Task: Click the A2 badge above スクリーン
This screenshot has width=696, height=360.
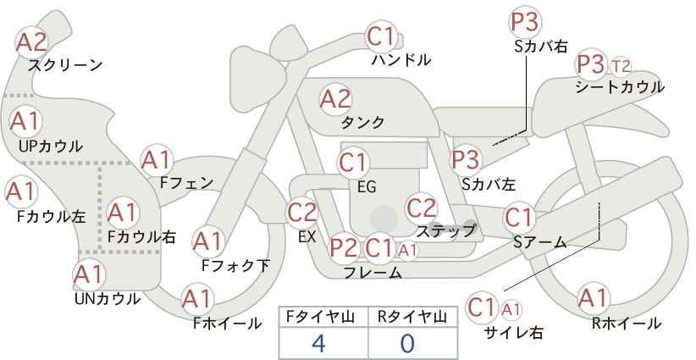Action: pos(32,43)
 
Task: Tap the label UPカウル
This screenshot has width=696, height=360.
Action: pos(51,146)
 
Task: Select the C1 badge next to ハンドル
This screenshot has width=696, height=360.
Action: pos(382,36)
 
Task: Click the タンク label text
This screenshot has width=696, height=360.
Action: pos(362,122)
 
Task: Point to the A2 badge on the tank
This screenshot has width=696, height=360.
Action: pos(335,99)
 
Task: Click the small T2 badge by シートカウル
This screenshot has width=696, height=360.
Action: pos(621,67)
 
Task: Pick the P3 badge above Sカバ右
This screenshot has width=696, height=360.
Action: pos(526,22)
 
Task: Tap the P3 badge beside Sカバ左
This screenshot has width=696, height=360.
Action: pos(466,160)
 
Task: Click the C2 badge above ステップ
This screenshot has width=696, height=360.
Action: pos(422,208)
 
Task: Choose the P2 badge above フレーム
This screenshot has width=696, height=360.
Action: pos(344,248)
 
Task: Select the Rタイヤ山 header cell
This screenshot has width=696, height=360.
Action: pos(413,318)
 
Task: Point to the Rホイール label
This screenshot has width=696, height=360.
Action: pos(627,324)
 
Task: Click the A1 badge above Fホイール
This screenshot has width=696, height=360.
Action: pos(197,299)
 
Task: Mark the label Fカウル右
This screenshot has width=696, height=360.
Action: pos(141,236)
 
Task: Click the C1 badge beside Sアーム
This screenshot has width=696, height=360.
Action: pos(519,218)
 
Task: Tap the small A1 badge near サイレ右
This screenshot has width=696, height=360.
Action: pos(511,309)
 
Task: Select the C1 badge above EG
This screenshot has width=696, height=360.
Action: pos(353,163)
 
